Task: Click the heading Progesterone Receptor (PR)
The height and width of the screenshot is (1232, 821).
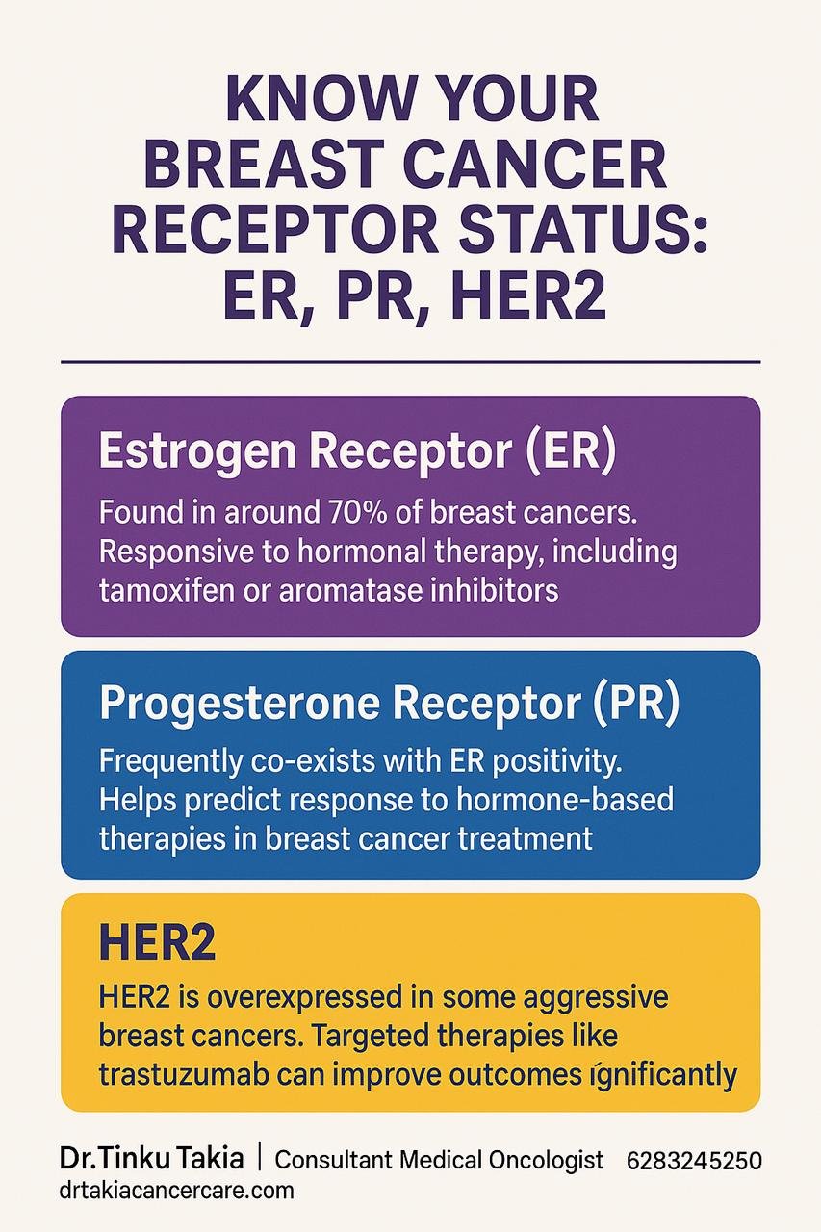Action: coord(390,704)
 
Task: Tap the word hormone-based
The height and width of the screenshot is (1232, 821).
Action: coord(565,800)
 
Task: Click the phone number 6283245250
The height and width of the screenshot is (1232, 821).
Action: coord(694,1161)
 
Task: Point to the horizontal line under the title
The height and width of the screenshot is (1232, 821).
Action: coord(411,362)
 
